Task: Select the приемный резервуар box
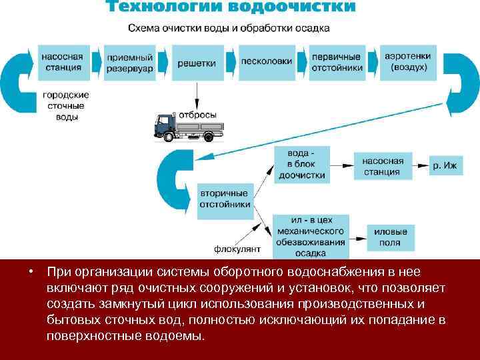tap(130, 63)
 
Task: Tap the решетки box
tap(197, 63)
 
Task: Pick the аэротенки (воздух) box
tap(407, 62)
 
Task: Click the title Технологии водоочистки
tap(230, 9)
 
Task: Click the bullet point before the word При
tap(31, 273)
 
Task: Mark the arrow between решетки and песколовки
tap(230, 63)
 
